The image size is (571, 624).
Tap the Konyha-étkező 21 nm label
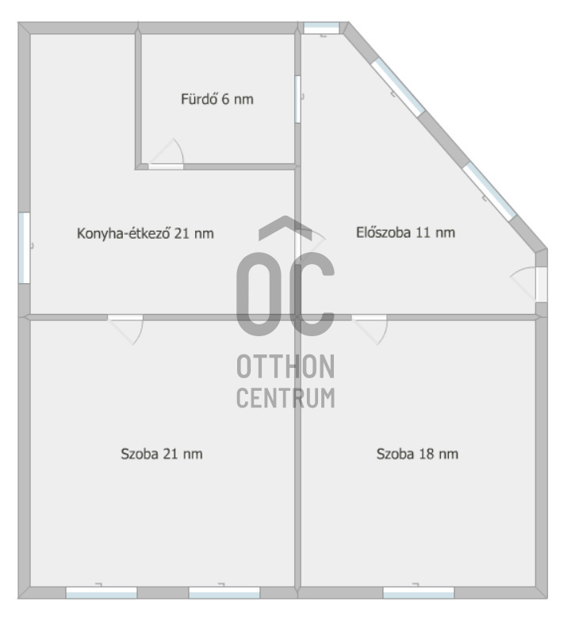tap(145, 233)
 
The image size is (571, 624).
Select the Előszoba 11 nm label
tap(405, 232)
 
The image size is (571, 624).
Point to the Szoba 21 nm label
tap(162, 454)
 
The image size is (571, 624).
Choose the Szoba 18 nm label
tap(417, 454)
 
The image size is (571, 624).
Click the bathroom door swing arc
tap(169, 153)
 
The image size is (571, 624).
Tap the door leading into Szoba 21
tap(127, 327)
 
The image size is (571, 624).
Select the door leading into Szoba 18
tap(370, 327)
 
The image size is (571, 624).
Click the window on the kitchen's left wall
tap(25, 247)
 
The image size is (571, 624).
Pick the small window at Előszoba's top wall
tap(321, 29)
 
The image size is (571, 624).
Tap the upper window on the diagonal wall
tap(397, 86)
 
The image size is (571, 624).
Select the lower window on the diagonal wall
tap(489, 190)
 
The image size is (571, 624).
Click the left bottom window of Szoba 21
tap(101, 592)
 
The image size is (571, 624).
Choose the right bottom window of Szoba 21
tap(224, 592)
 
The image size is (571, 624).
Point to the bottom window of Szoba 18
tap(418, 592)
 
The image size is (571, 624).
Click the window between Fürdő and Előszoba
tap(298, 99)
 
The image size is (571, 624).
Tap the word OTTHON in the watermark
tap(285, 367)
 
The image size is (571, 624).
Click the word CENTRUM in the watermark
tap(285, 397)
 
